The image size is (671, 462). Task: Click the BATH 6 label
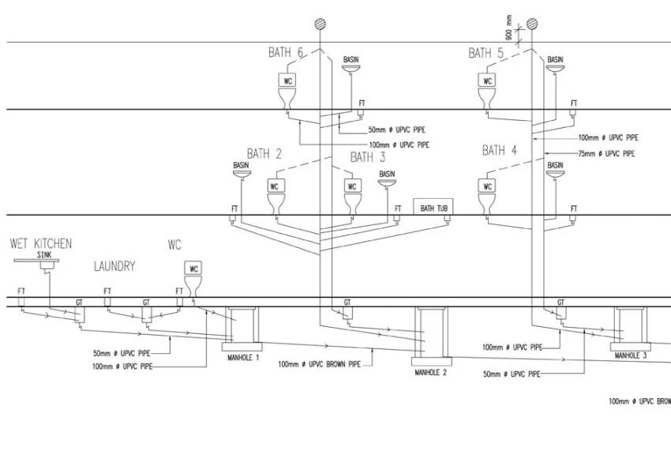click(286, 53)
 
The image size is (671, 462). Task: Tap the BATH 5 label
click(486, 53)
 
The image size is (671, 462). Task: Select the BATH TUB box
click(433, 208)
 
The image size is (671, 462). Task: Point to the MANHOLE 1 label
click(242, 358)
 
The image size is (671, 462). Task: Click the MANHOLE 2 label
click(431, 372)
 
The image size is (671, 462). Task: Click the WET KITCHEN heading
click(40, 243)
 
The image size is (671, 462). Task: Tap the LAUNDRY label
click(114, 267)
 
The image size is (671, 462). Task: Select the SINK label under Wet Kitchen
click(43, 255)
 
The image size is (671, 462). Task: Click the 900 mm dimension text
click(510, 27)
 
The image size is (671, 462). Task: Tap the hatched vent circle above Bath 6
click(320, 23)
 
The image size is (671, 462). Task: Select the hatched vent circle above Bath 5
click(532, 23)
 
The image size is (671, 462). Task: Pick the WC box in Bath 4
click(488, 186)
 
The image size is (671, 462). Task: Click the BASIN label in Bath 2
click(241, 165)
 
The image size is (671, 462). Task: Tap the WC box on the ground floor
click(193, 269)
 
